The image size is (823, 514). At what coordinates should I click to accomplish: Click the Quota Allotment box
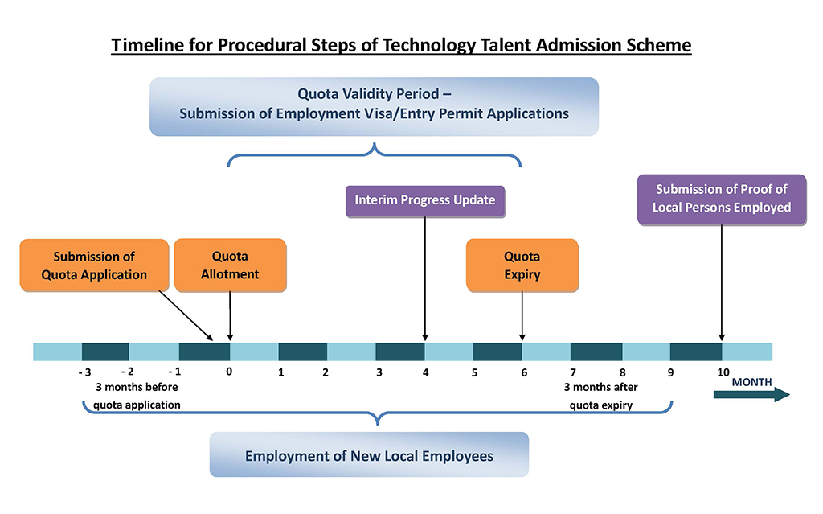tap(230, 265)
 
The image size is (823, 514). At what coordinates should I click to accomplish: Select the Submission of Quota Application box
tap(95, 265)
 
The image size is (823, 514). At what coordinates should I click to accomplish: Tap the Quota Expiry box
tap(522, 265)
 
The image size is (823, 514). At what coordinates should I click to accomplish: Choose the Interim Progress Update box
tap(425, 201)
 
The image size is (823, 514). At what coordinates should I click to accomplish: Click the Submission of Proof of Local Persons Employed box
tap(722, 199)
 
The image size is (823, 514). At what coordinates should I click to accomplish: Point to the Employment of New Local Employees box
tap(369, 454)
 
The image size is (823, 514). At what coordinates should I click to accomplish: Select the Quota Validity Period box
tap(374, 107)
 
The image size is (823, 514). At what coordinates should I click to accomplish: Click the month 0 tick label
tap(229, 372)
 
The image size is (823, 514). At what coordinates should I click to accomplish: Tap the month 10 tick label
tap(723, 372)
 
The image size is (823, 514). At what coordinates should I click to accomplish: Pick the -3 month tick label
tap(84, 372)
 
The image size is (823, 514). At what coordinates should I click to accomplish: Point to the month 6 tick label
tap(524, 372)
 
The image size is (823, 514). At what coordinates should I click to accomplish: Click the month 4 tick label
tap(425, 372)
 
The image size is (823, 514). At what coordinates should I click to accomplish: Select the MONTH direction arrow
tap(751, 395)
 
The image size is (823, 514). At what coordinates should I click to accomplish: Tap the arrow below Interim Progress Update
tap(425, 279)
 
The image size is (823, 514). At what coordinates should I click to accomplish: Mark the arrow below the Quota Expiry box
tap(522, 316)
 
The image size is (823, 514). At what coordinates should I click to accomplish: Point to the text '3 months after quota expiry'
tap(601, 396)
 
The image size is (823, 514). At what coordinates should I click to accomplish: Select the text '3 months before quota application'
tap(137, 396)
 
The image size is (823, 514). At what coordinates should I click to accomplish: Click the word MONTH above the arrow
tap(751, 382)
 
